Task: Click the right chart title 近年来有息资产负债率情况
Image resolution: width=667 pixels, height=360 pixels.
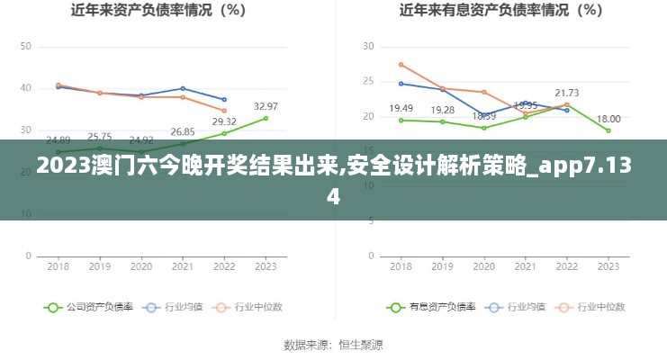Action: [x=501, y=11]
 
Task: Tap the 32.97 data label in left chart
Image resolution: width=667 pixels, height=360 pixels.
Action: [x=266, y=106]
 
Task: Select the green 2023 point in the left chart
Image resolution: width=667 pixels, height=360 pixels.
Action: [x=266, y=118]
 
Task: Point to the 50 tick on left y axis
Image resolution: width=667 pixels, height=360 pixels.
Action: [x=25, y=46]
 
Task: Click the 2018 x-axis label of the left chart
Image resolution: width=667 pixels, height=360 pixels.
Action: [x=59, y=266]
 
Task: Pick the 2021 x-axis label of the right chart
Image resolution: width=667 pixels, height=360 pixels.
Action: [x=526, y=266]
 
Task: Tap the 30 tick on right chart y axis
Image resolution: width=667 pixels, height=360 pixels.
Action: [x=367, y=46]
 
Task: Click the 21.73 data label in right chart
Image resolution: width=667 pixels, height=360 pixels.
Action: [x=566, y=93]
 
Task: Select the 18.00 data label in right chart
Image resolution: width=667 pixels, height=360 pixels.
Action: [x=608, y=119]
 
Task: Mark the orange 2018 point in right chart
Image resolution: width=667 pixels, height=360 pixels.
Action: [x=401, y=64]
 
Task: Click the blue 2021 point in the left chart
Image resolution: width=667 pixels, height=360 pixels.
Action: [x=183, y=88]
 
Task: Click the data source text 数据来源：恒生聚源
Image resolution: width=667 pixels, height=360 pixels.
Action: [x=333, y=345]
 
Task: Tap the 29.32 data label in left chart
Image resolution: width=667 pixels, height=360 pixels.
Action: [x=224, y=121]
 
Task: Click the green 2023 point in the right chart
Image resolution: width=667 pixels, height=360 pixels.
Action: [x=608, y=130]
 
